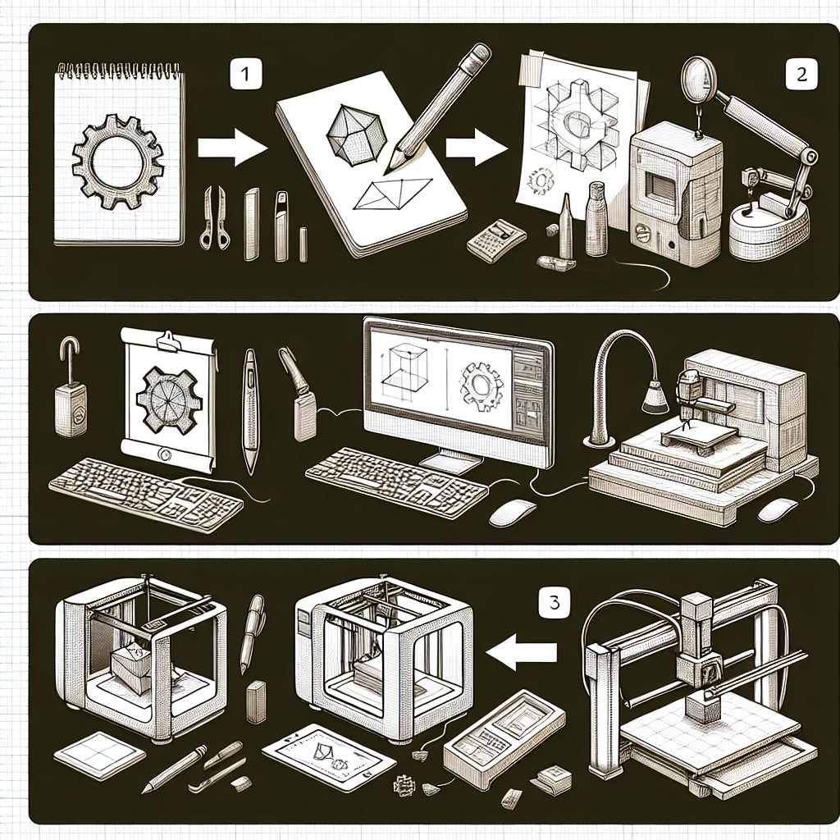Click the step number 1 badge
coord(245,73)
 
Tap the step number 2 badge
coord(801,73)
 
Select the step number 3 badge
coord(555,602)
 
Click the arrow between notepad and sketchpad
coord(232,148)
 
